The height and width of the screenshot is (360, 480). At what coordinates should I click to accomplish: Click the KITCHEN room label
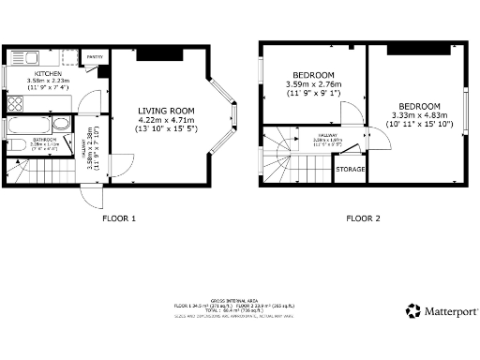pyautogui.click(x=48, y=73)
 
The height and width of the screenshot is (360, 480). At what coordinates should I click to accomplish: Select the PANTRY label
pyautogui.click(x=95, y=57)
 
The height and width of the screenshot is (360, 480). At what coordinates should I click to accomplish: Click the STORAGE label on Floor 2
pyautogui.click(x=350, y=169)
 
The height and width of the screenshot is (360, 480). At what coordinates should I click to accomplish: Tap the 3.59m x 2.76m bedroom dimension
pyautogui.click(x=313, y=85)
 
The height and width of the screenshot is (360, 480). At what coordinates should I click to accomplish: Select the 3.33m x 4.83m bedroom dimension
pyautogui.click(x=419, y=115)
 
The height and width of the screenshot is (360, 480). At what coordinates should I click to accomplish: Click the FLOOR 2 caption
pyautogui.click(x=363, y=218)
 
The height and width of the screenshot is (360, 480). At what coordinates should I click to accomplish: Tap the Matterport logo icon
pyautogui.click(x=412, y=310)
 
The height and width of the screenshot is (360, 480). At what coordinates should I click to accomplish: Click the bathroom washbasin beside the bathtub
pyautogui.click(x=61, y=123)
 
